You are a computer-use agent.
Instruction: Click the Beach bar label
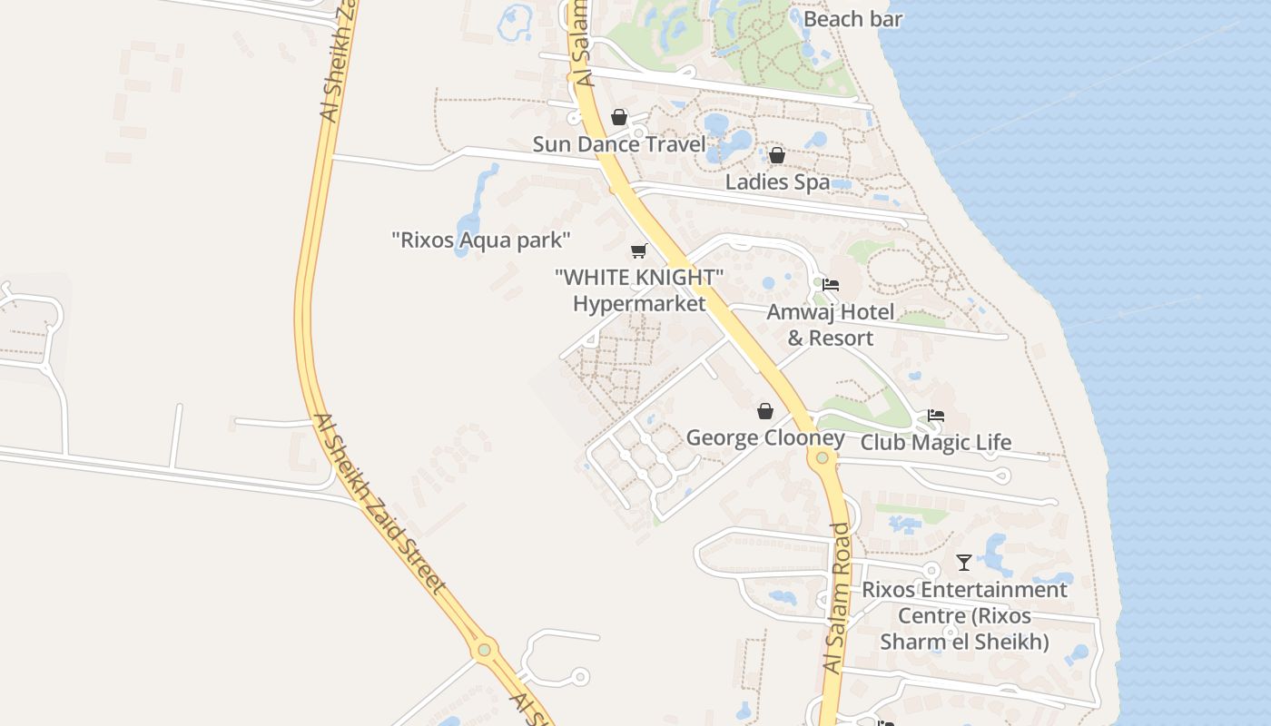(x=852, y=19)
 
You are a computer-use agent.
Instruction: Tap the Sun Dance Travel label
(x=618, y=144)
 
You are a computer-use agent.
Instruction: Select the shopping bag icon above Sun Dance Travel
(x=619, y=117)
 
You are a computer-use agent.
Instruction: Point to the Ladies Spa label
(x=777, y=181)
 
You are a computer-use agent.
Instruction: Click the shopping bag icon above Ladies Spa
(x=777, y=155)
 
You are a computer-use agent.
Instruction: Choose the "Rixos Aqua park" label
(x=480, y=240)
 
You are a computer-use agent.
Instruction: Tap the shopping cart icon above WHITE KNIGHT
(x=640, y=250)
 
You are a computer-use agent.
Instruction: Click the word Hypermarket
(x=639, y=303)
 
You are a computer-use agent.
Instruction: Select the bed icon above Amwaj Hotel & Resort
(x=830, y=285)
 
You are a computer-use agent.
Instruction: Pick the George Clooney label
(x=765, y=438)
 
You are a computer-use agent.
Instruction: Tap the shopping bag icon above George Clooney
(x=765, y=411)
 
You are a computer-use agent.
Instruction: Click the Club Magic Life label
(x=935, y=443)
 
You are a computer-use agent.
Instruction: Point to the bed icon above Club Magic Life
(x=936, y=416)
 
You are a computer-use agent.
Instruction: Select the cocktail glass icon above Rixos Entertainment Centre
(x=964, y=563)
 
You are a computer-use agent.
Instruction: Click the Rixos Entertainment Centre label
(x=964, y=615)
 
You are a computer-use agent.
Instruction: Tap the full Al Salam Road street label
(x=838, y=599)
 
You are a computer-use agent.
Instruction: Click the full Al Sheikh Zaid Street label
(x=381, y=504)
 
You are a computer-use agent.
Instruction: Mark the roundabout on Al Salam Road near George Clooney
(x=823, y=457)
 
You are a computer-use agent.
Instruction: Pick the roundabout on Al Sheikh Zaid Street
(x=485, y=650)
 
